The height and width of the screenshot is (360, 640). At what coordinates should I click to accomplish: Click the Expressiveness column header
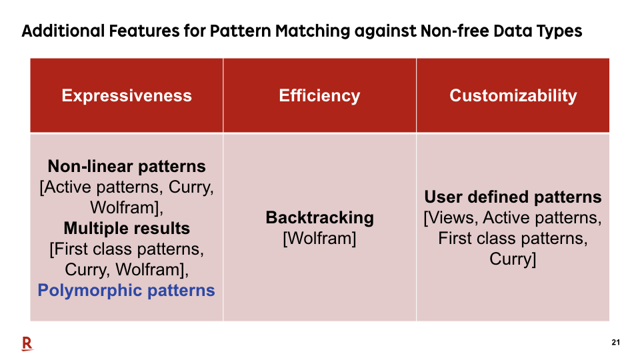127,96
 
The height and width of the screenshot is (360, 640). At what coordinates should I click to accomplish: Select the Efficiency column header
319,96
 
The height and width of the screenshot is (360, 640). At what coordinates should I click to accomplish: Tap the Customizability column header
513,96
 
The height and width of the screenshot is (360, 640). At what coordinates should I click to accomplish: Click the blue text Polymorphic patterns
126,291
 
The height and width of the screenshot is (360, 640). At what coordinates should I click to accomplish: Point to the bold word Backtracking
319,217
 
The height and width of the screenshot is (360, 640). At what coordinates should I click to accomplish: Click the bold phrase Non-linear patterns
127,167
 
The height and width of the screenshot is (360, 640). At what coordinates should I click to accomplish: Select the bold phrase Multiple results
127,228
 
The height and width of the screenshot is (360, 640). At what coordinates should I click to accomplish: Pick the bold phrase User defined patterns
513,197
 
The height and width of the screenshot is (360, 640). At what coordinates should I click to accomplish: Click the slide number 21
615,343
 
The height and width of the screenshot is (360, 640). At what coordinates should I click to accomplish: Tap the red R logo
27,344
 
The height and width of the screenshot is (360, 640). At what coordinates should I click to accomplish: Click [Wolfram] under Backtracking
319,239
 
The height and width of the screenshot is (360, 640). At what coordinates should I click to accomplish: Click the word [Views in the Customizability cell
451,218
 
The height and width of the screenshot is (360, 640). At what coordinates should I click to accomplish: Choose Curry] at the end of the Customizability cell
513,259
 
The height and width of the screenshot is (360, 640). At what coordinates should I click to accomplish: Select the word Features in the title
145,31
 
